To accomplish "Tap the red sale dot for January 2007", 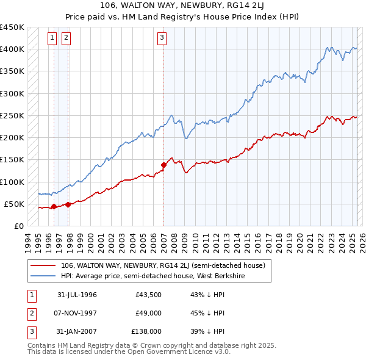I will tap(163, 164).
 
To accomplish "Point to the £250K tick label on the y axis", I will tap(12, 115).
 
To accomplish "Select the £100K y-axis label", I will tap(12, 182).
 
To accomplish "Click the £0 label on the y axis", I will tap(18, 226).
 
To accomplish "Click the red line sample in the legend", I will tap(43, 265).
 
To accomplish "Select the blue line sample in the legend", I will tap(43, 276).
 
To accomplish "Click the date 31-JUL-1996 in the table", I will tap(77, 295).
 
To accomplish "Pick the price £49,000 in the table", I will tap(148, 313).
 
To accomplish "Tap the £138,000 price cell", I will tap(146, 331).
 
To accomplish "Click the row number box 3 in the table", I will tap(30, 331).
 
